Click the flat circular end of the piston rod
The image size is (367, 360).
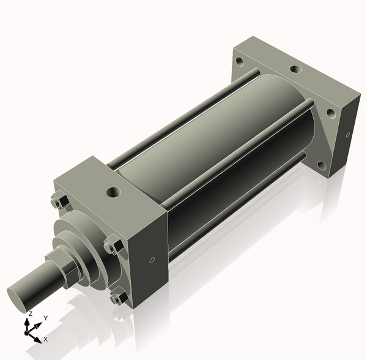click(x=17, y=299)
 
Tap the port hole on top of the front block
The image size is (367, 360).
click(x=113, y=192)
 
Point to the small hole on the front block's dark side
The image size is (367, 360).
click(x=152, y=260)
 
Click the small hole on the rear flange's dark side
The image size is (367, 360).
click(x=347, y=135)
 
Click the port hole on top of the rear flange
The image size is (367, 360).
click(x=296, y=69)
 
